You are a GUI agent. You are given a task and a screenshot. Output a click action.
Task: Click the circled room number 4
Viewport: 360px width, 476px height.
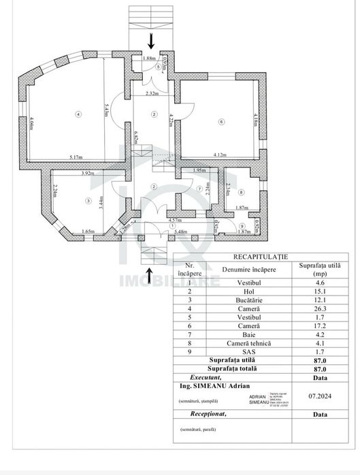[79, 114]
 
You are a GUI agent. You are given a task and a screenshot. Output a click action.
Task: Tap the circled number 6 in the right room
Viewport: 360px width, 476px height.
[221, 122]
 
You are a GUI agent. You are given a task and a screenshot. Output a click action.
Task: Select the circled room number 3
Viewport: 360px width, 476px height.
[88, 201]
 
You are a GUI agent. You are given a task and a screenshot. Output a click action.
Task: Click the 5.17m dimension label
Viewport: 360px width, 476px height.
[76, 157]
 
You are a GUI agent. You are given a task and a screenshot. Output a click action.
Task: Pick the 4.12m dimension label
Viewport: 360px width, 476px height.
[220, 155]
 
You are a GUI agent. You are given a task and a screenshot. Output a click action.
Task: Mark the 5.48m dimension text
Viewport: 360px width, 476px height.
[180, 232]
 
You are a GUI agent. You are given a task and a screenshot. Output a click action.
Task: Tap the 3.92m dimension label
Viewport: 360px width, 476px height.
[86, 173]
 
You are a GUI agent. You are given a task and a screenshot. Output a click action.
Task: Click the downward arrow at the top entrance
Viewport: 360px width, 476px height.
[151, 42]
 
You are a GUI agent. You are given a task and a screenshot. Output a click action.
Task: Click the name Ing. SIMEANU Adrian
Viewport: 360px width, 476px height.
[212, 385]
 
